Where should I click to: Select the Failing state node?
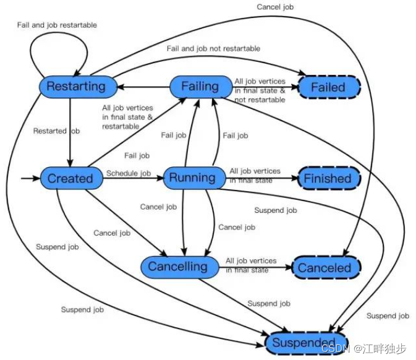(x=200, y=87)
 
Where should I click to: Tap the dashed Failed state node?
(x=328, y=87)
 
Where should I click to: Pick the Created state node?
(x=70, y=179)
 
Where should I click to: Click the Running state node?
(x=192, y=178)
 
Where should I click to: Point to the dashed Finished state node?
(x=327, y=179)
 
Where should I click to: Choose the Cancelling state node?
(x=179, y=267)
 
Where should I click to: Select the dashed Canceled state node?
(x=325, y=268)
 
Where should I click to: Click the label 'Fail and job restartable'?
(x=57, y=25)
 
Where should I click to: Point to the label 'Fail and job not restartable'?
(x=213, y=48)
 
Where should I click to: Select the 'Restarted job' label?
(x=57, y=131)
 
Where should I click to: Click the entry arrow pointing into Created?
(x=30, y=179)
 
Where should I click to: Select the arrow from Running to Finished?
(x=260, y=178)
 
